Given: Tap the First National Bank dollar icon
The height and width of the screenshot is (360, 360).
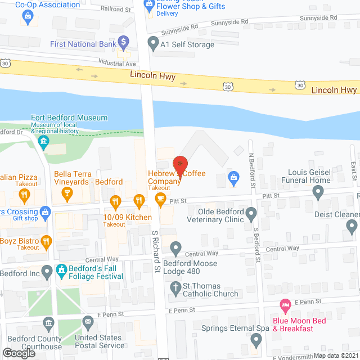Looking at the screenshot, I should (x=124, y=43).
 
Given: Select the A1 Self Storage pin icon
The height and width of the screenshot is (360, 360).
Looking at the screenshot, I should (x=152, y=43).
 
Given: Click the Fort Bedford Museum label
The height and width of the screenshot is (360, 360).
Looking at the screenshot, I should (x=70, y=118).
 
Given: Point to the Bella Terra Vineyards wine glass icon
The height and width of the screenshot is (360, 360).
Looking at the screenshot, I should (x=67, y=195).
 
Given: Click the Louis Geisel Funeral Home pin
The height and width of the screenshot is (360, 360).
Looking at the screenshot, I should (x=318, y=193).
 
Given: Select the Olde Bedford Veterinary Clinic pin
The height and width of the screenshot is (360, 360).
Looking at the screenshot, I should (x=251, y=214).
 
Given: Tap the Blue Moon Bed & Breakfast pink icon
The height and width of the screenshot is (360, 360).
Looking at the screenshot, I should (x=285, y=307).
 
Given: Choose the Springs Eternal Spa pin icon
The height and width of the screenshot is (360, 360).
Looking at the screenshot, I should (x=256, y=340).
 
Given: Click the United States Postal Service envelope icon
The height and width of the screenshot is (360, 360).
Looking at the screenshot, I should (x=88, y=323).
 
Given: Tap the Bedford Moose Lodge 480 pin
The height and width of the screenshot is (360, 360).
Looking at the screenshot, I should (x=176, y=247).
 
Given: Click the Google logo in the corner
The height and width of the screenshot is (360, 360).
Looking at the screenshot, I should (x=19, y=353).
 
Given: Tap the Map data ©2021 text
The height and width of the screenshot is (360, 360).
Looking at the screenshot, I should (x=336, y=355).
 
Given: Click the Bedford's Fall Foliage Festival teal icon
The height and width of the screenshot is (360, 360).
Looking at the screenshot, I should (x=61, y=271).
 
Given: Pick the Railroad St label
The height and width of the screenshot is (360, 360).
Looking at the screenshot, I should (x=115, y=9).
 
